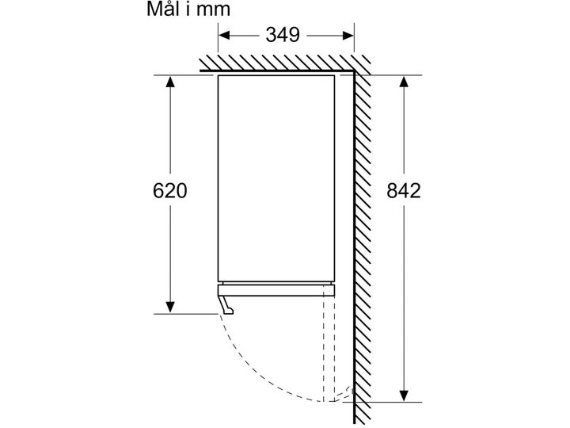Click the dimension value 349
[283, 36]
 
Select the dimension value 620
[169, 191]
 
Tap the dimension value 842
[404, 191]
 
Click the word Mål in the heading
[164, 9]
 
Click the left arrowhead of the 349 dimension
[224, 36]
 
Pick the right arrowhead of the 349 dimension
[348, 36]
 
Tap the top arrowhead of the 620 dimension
[169, 82]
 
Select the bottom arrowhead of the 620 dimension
[169, 308]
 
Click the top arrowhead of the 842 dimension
[404, 82]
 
